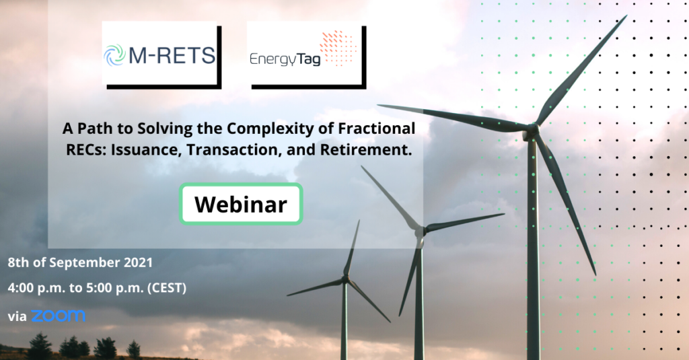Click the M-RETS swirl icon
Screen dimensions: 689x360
(x=114, y=55)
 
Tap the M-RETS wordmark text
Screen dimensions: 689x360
(x=172, y=56)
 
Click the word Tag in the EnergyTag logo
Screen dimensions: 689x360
(x=309, y=59)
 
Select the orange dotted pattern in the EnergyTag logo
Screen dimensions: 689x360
(x=338, y=48)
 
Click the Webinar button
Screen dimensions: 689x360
(x=241, y=204)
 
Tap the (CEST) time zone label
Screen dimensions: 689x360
(x=167, y=288)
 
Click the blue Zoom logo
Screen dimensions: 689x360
(x=58, y=316)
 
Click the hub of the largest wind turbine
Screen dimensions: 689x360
(x=532, y=130)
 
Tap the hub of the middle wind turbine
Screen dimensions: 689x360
(x=420, y=231)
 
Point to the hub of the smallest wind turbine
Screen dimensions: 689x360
(x=346, y=279)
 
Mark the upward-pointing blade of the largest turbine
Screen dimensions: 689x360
(x=581, y=70)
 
